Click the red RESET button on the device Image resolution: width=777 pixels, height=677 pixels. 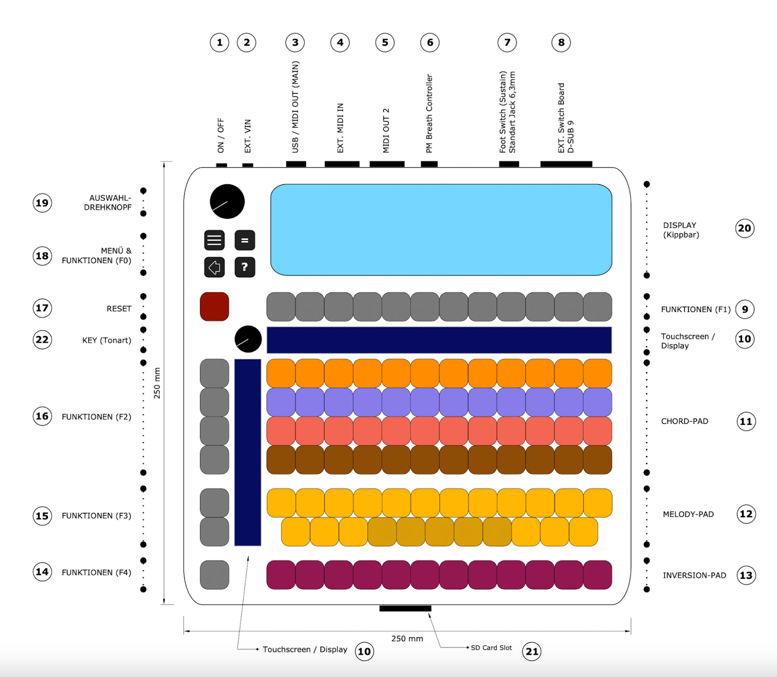point(214,307)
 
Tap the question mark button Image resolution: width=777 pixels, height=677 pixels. point(245,267)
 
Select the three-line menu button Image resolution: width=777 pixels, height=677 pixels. point(214,240)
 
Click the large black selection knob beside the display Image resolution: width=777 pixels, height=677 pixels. point(227,202)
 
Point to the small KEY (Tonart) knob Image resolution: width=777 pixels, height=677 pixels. point(248,339)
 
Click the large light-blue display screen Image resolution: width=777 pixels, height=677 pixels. point(441,229)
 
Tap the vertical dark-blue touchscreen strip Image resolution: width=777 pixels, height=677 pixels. point(248,452)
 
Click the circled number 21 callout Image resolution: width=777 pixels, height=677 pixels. point(532,652)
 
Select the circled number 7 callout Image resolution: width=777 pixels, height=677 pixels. point(507,42)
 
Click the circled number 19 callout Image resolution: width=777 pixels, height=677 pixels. point(42,203)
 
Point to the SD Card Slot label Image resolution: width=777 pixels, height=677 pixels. point(491,647)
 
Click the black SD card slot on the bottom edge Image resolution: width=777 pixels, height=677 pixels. point(405,609)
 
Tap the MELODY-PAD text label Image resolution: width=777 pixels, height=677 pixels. point(688,514)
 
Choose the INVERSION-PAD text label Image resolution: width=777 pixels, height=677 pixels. point(694,575)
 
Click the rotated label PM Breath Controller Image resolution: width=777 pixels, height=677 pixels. point(429,114)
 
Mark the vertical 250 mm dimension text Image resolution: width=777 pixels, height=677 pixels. point(157,383)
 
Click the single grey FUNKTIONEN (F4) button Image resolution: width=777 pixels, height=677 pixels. point(214,575)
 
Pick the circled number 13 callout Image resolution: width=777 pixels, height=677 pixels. point(746,575)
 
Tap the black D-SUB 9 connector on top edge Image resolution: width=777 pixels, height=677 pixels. point(566,164)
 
